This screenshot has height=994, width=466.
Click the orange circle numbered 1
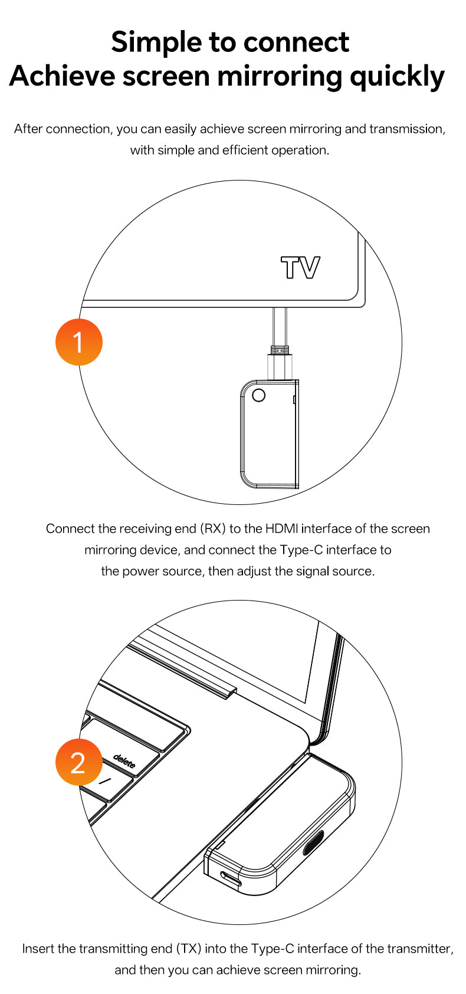point(78,342)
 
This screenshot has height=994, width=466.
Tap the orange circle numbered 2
point(78,762)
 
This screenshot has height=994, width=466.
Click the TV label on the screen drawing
point(300,268)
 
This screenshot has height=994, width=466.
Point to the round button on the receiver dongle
point(259,395)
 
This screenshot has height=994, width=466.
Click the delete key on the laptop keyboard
point(124,760)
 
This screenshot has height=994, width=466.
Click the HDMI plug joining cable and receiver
point(280,363)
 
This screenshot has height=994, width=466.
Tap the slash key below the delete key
point(104,782)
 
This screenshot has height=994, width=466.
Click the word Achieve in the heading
point(62,76)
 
